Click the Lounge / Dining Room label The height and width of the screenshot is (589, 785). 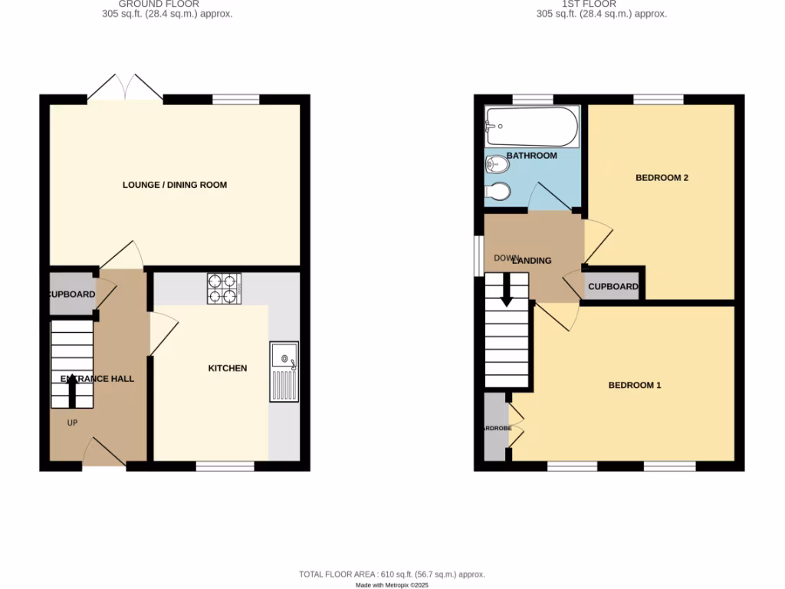click(175, 185)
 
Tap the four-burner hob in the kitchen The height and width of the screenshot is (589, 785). click(224, 288)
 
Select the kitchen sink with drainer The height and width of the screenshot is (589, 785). click(284, 372)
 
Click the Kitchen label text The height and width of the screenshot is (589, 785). click(228, 368)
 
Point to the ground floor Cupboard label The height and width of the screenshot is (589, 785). click(72, 294)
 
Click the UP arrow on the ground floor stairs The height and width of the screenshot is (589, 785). click(72, 394)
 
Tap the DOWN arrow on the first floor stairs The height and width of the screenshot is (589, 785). click(506, 292)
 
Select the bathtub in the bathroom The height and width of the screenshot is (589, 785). click(531, 127)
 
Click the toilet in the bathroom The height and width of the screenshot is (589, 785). click(498, 164)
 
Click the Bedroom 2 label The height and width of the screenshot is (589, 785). click(662, 178)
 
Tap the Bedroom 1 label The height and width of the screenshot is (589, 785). click(634, 385)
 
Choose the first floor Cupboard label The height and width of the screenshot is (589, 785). click(613, 287)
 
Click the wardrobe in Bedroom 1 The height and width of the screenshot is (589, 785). click(495, 427)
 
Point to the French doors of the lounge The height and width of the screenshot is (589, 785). click(124, 88)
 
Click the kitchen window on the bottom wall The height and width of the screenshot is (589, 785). click(225, 466)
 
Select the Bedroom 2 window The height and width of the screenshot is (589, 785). click(658, 99)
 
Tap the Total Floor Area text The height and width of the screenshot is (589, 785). click(392, 574)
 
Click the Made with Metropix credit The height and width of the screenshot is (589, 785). click(392, 585)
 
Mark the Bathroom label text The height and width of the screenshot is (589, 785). click(530, 156)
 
